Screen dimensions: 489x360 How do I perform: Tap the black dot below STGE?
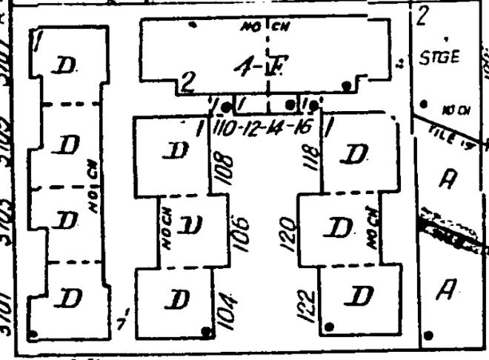point(424,104)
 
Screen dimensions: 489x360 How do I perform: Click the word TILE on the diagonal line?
point(440,127)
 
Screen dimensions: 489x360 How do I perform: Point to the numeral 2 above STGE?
point(424,15)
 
